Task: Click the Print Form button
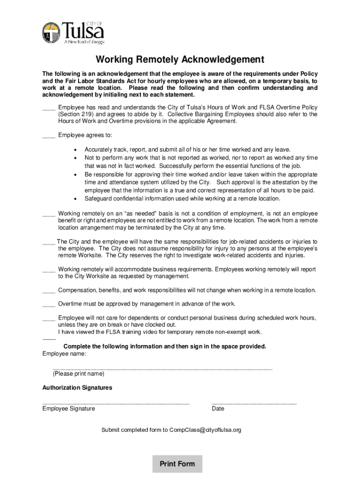(177, 464)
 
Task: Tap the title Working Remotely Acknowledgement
(180, 60)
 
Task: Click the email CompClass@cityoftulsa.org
(205, 430)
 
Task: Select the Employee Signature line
(115, 403)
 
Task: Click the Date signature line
(254, 403)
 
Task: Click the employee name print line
(162, 369)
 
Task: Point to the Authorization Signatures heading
(77, 388)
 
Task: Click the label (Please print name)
(79, 374)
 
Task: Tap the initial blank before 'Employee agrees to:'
(49, 136)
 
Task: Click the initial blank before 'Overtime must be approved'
(49, 305)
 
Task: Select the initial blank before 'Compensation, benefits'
(49, 291)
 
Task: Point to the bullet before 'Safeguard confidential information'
(75, 199)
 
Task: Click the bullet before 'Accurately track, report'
(75, 150)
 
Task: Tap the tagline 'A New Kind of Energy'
(84, 41)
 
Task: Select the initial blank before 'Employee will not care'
(49, 319)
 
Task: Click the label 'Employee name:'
(64, 354)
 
